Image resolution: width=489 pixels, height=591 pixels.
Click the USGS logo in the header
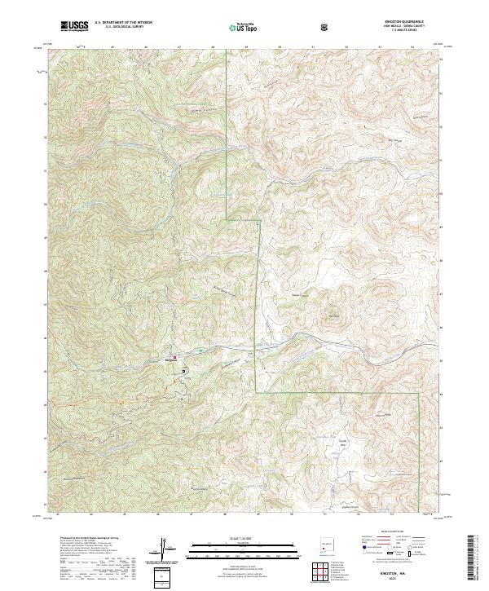[x=75, y=27]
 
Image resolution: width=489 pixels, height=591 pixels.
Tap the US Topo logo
[x=244, y=28]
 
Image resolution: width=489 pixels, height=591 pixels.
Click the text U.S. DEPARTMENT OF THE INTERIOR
[x=123, y=23]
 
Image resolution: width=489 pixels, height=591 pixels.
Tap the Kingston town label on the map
[x=172, y=359]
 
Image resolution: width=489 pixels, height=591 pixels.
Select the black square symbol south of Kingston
[x=184, y=370]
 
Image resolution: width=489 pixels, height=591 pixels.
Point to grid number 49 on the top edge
[x=245, y=47]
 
